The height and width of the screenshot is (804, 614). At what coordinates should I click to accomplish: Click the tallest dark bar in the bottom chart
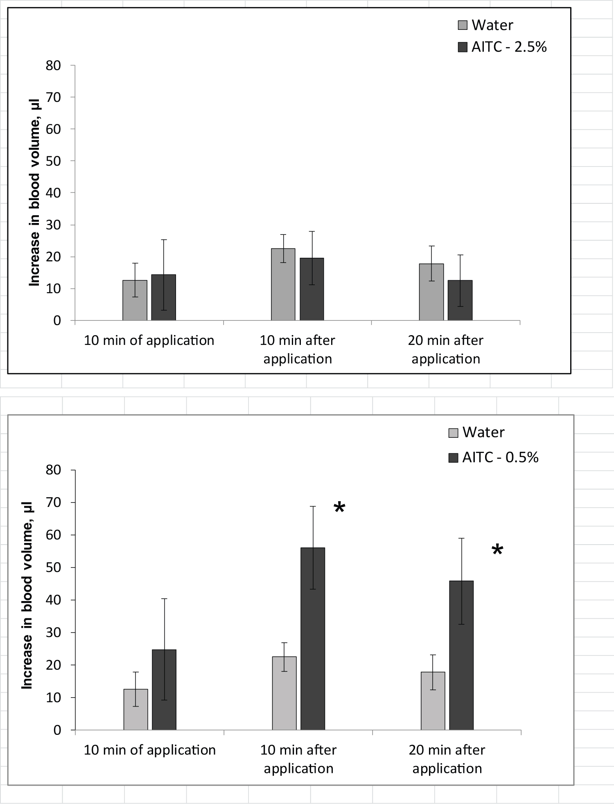coord(313,638)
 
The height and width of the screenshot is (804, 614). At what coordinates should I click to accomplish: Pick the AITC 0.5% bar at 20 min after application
coord(461,655)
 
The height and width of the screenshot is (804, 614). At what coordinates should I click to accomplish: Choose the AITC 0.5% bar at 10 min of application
coord(164,689)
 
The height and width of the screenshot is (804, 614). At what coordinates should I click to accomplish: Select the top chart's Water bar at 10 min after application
coord(283,284)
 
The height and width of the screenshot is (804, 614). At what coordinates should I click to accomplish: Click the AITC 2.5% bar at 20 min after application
coord(460,300)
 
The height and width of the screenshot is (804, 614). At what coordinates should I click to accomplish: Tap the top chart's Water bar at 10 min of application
coord(135,300)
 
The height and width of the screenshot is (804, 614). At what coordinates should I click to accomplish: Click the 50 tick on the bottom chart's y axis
coord(53,568)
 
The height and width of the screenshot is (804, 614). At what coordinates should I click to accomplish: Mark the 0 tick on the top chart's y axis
coord(57,321)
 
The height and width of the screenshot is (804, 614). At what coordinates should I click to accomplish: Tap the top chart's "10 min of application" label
coord(149,340)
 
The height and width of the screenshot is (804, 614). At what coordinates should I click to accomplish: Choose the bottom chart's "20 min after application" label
coord(447,759)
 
